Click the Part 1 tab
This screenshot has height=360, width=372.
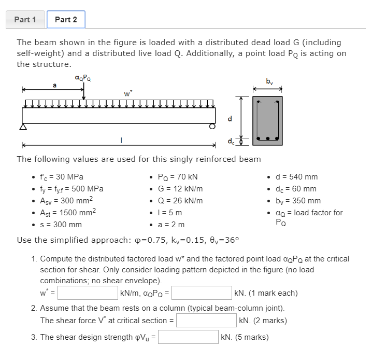25,20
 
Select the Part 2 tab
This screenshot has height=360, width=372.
66,20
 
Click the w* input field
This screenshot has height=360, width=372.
88,293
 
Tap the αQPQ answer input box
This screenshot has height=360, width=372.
202,293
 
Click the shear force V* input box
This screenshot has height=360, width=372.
206,321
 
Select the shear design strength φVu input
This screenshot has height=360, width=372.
188,337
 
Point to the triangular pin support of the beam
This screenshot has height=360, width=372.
22,127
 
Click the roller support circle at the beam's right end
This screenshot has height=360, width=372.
212,126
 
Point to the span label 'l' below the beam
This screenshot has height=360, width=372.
121,140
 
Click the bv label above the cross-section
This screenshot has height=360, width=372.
268,81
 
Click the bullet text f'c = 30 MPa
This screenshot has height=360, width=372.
61,177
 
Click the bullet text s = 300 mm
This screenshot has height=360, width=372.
61,225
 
